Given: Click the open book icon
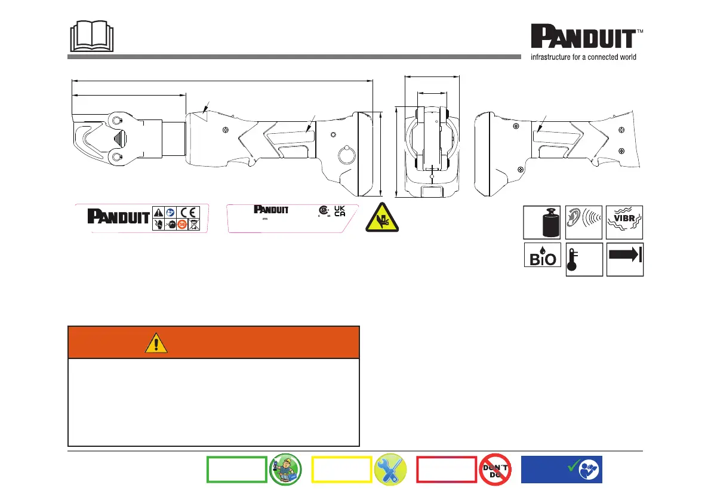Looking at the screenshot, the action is click(91, 36).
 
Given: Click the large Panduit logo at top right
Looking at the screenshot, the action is click(587, 36).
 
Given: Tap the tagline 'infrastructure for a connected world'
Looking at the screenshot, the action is click(583, 57).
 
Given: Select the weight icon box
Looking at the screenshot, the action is click(542, 222).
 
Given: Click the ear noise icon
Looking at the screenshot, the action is click(584, 222).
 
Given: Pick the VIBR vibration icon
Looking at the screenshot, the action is click(624, 222).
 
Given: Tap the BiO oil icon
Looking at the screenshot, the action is click(542, 255).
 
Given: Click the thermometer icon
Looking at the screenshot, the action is click(584, 259).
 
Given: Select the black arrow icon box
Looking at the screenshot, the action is click(625, 259).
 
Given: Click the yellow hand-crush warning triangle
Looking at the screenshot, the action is click(382, 218).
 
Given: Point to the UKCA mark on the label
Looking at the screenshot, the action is click(340, 211).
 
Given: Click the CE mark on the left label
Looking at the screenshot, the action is click(187, 212).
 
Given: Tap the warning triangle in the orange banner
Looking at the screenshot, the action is click(156, 343).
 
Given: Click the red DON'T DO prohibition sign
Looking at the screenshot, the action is click(495, 470).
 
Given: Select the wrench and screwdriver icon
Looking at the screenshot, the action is click(390, 470).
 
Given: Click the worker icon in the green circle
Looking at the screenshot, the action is click(285, 470).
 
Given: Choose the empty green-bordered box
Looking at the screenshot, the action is click(236, 470).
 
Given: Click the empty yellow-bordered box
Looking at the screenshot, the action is click(341, 470).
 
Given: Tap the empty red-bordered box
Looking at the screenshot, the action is click(447, 470).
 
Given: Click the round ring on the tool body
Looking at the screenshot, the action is click(338, 155).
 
